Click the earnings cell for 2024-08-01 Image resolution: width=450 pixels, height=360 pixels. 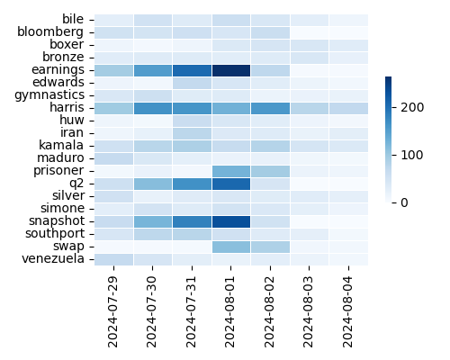pos(231,69)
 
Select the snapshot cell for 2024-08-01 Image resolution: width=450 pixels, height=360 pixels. pos(231,220)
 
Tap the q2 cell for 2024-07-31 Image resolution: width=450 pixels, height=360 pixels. pos(192,183)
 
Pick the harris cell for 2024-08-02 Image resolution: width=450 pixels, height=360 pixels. pos(270,107)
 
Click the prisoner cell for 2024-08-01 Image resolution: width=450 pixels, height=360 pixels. pos(231,170)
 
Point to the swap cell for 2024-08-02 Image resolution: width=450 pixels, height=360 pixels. pos(270,246)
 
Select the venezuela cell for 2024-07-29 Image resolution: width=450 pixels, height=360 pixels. pos(113,258)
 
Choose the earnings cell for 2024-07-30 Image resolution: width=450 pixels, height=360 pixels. pos(153,69)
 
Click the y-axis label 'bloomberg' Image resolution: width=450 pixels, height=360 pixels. pos(50,31)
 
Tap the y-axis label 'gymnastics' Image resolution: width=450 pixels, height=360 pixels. pos(48,94)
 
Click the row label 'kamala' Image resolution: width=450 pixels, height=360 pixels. pos(61,145)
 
